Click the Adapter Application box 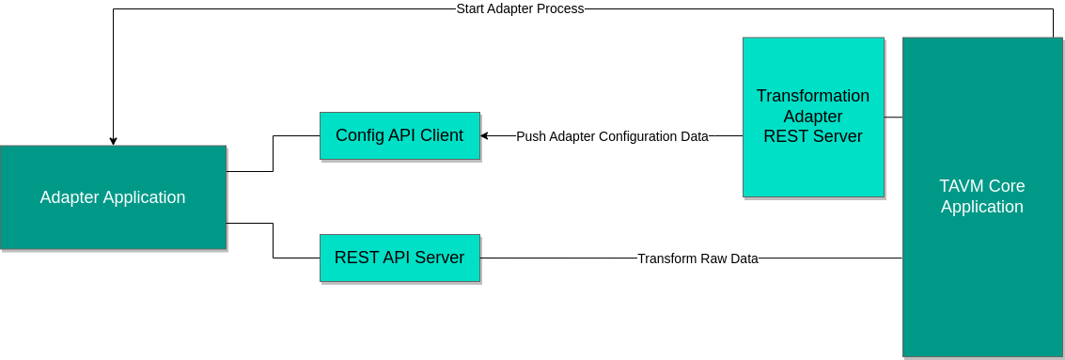tap(113, 197)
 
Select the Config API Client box tap(399, 135)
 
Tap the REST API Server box tap(399, 258)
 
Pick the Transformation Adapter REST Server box tap(813, 117)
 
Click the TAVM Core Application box tap(982, 196)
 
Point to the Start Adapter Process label tap(520, 8)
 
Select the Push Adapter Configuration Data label tap(612, 136)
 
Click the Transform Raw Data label tap(697, 258)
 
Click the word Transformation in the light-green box tap(813, 96)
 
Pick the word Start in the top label tap(470, 8)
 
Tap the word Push tap(530, 136)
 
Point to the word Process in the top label tap(560, 8)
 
